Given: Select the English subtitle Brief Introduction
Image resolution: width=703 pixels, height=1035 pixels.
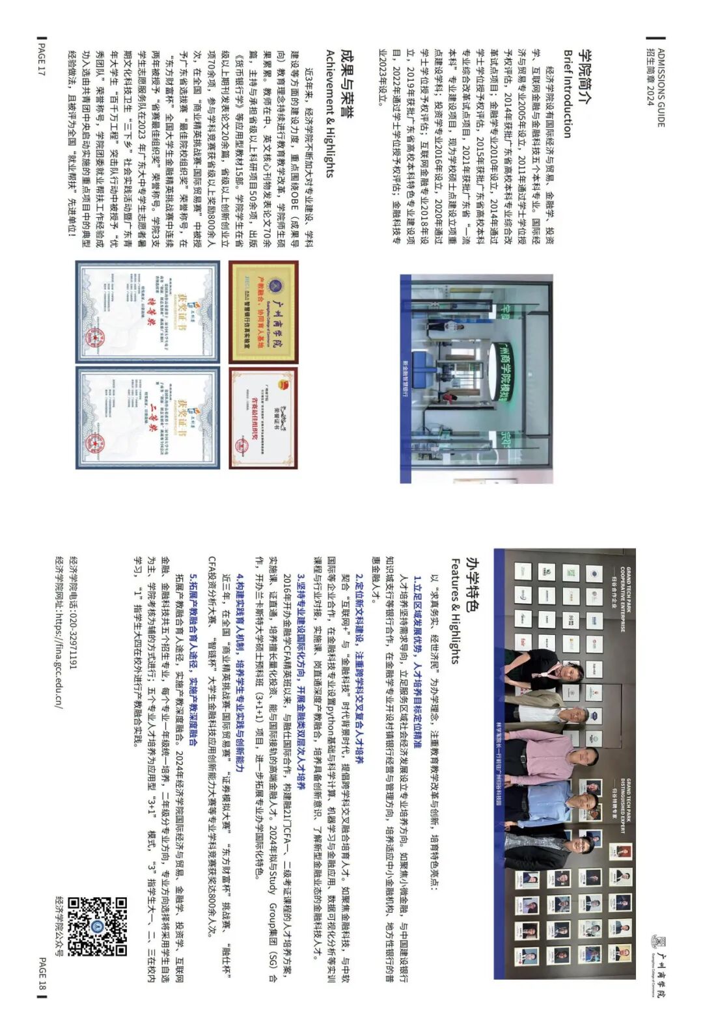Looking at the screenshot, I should (x=567, y=94).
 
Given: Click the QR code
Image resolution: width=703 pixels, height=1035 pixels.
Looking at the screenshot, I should (x=97, y=926).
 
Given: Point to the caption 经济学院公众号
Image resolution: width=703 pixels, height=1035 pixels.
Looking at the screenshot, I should (x=59, y=926).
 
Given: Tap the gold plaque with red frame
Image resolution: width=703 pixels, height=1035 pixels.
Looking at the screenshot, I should (x=263, y=312).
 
